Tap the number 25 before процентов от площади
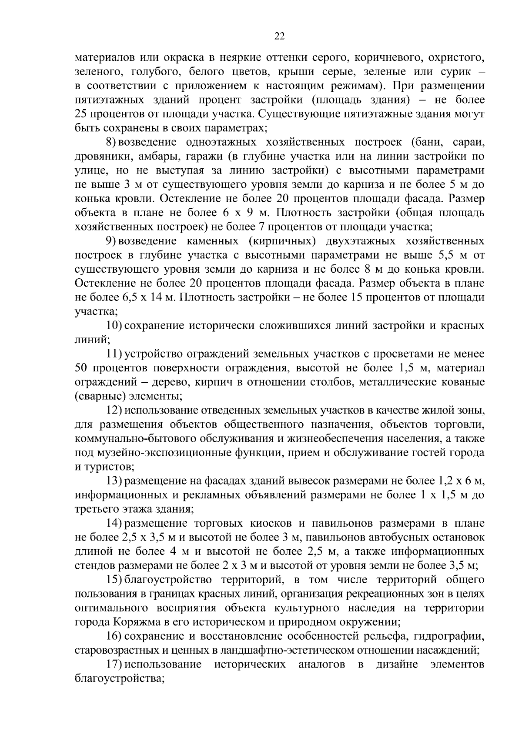pos(82,114)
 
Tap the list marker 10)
pos(115,326)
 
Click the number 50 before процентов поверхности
pos(82,368)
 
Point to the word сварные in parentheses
pos(95,397)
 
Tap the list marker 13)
pos(115,481)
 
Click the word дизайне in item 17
pos(397,665)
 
